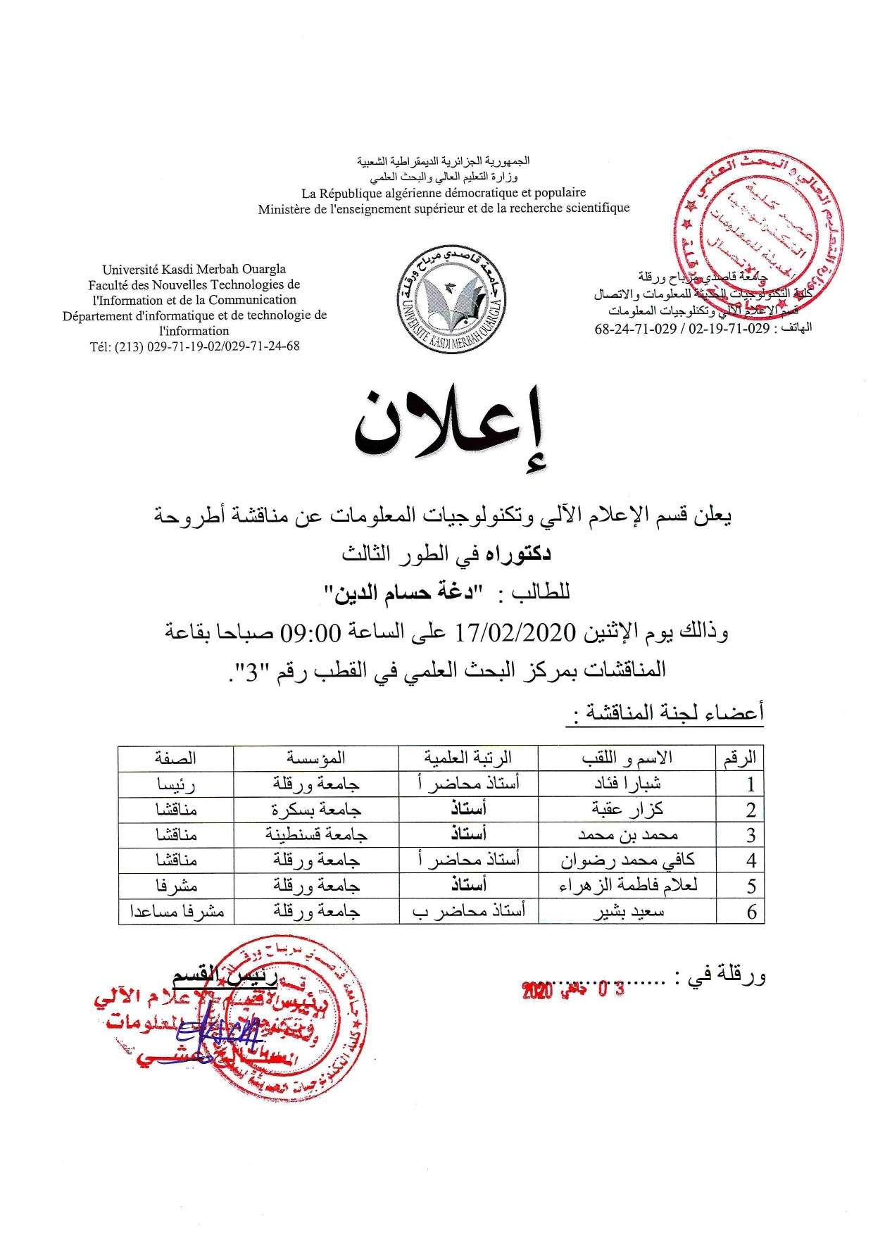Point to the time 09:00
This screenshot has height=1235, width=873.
coord(310,632)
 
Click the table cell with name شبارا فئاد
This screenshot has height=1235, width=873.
coord(627,784)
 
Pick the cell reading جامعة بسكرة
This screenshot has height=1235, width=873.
coord(316,809)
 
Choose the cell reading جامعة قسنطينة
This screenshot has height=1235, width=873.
coord(316,834)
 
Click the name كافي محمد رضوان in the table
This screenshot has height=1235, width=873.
coord(627,860)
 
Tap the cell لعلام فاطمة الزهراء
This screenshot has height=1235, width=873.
coord(627,885)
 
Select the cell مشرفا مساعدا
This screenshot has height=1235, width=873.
coord(176,911)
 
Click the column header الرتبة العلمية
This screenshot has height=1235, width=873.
coord(467,758)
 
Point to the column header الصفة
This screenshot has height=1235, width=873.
coord(176,758)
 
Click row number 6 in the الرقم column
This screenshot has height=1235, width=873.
coord(750,912)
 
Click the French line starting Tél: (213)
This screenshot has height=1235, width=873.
coord(194,346)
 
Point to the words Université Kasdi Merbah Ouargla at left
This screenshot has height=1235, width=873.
coord(194,269)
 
